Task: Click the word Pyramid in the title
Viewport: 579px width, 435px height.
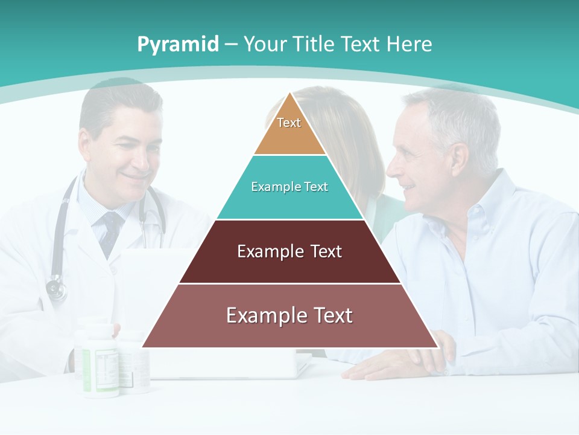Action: tap(178, 45)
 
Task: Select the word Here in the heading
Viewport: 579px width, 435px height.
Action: tap(409, 44)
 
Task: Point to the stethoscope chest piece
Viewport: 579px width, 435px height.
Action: tap(56, 289)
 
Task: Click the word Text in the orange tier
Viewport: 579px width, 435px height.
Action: tap(289, 123)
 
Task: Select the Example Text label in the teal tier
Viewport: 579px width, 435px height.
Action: tap(289, 187)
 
